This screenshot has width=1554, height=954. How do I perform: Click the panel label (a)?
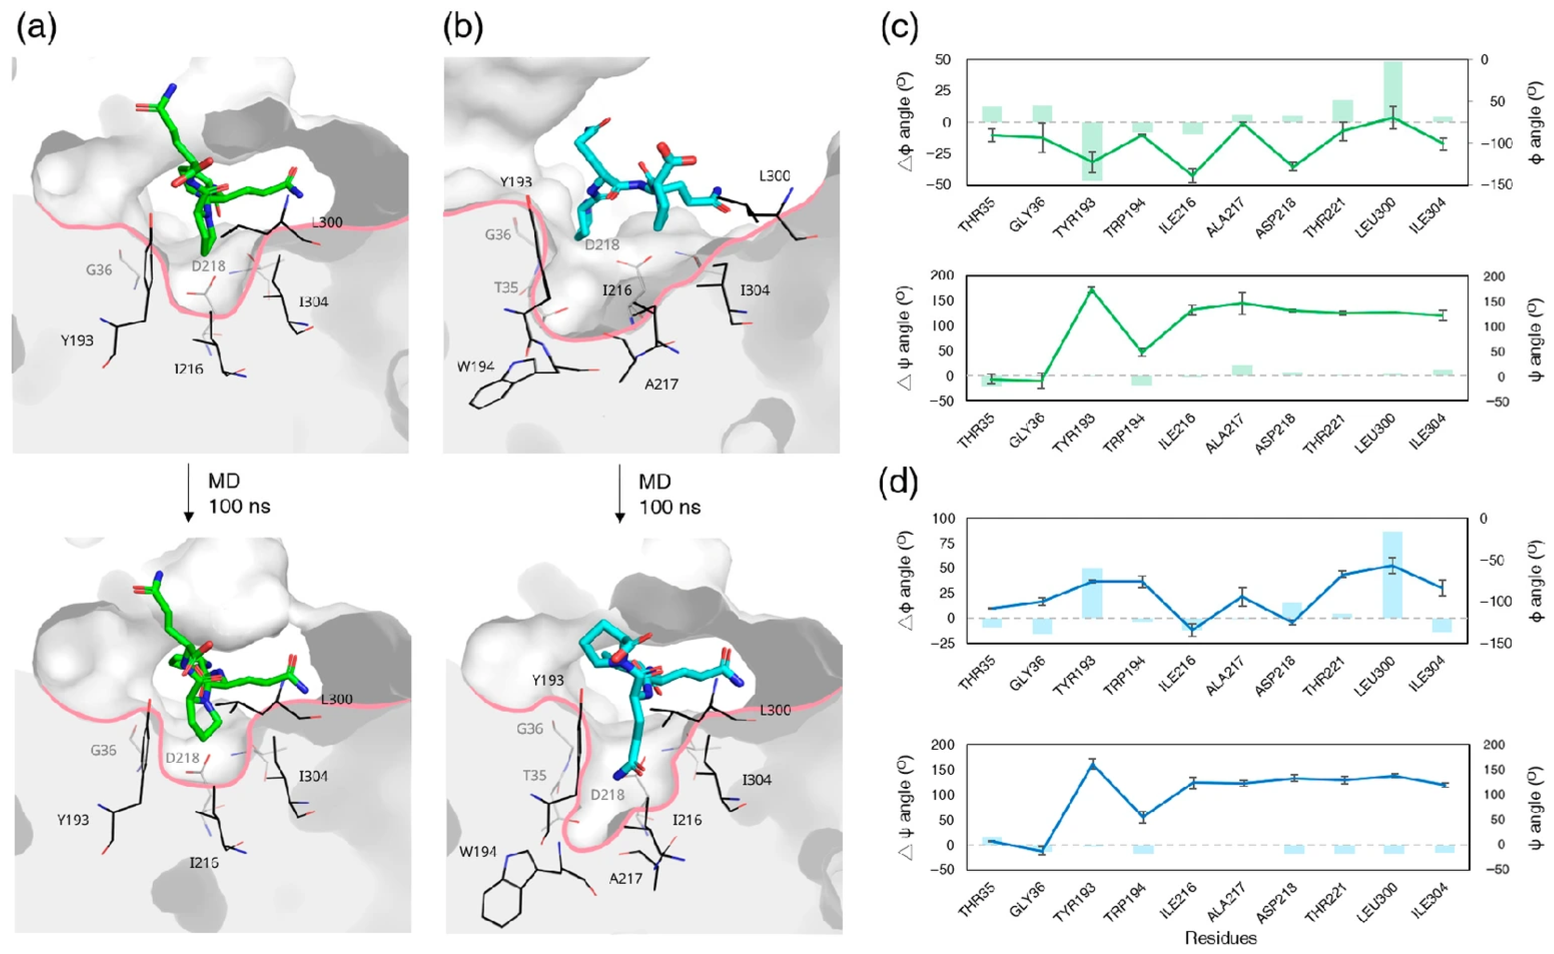coord(36,28)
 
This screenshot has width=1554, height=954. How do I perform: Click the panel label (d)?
coord(898,482)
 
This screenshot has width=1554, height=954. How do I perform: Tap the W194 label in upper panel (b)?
coord(475,367)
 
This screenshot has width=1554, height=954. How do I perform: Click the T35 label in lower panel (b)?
coord(534,775)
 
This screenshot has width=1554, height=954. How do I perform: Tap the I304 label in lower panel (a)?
coord(313,776)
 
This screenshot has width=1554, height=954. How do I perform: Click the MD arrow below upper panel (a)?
coord(188,493)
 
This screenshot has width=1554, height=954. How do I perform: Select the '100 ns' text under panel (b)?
coord(670,507)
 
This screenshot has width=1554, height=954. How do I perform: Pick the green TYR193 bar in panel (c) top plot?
coord(1091,151)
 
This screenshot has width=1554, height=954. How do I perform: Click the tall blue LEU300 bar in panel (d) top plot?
coord(1393,574)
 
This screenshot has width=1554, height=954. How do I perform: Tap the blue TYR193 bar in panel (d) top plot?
coord(1091,593)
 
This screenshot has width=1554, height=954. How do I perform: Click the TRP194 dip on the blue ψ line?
coord(1143,817)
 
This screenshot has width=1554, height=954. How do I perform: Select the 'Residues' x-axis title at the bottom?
coord(1220,938)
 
